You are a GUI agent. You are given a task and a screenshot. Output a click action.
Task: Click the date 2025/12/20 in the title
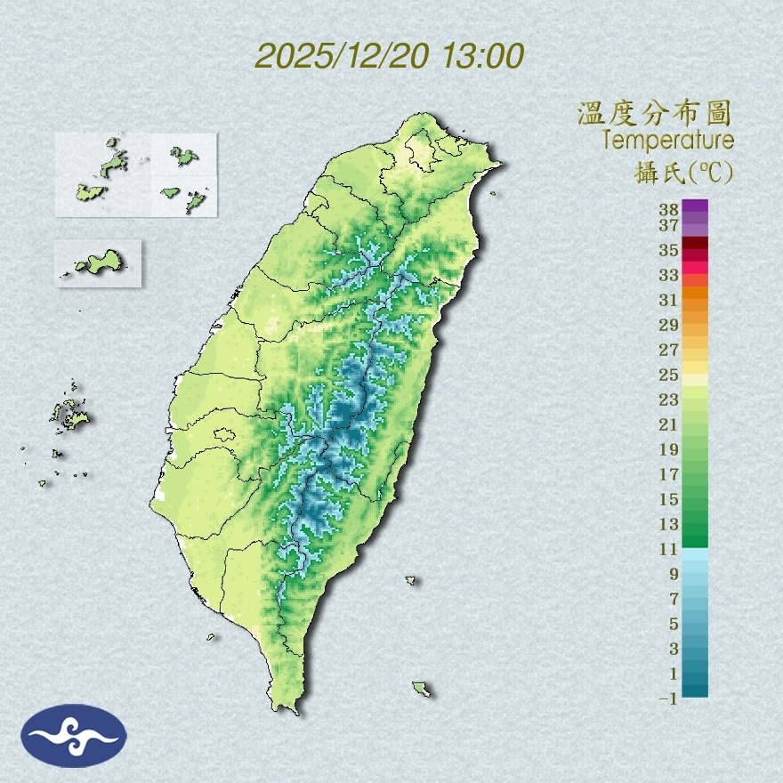343,56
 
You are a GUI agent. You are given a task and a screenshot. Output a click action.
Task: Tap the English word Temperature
667,141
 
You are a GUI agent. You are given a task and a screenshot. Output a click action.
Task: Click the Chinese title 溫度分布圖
655,113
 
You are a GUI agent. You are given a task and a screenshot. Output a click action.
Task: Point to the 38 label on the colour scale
669,210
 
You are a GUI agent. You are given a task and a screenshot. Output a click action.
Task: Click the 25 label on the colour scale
669,374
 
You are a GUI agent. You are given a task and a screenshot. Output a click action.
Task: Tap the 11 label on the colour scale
669,549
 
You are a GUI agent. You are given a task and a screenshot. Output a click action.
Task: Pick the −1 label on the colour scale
667,698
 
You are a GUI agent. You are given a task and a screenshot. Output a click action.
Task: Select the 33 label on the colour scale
669,274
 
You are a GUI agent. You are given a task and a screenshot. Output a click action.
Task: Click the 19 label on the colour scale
669,448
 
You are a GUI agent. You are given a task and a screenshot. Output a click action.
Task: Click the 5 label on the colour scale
673,623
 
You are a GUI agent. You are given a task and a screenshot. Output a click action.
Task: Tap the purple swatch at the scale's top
696,206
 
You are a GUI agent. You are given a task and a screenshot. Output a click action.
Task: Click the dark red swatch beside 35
696,243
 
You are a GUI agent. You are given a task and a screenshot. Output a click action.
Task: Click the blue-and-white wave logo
74,736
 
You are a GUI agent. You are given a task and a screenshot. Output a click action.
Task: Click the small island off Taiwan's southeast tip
423,689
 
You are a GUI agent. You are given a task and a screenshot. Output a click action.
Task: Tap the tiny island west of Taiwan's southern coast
212,636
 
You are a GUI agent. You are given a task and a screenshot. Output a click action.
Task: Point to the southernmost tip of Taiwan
287,709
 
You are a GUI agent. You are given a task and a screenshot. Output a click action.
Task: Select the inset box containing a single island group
98,262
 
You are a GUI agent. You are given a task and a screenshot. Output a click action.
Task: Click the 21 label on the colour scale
669,424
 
